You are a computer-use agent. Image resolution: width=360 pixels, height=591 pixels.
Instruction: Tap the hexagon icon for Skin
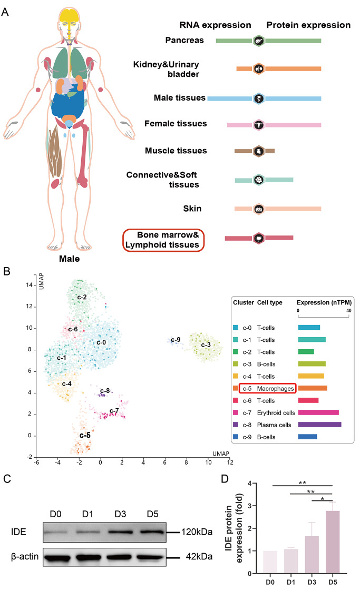pyautogui.click(x=258, y=209)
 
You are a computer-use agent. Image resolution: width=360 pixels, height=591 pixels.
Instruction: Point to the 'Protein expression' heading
pyautogui.click(x=308, y=25)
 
